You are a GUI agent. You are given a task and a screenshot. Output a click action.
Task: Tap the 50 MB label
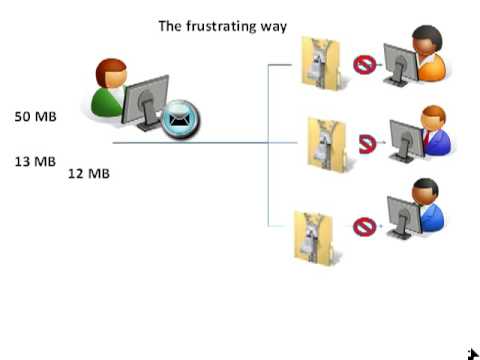coord(35,116)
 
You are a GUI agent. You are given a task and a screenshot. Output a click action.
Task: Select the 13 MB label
coord(35,162)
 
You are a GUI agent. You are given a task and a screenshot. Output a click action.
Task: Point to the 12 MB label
coord(89,173)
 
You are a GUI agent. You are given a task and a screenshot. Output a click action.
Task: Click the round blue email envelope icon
coord(180,119)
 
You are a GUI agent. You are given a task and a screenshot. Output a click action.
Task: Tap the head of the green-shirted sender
coord(111,73)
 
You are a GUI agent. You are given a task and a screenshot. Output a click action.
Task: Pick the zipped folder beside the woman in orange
coord(322,63)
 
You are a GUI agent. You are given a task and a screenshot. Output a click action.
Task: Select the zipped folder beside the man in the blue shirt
coord(313,237)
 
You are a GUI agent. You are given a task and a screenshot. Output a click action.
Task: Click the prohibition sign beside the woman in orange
coord(364,65)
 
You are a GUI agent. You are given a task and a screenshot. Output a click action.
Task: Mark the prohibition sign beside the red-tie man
coord(367,144)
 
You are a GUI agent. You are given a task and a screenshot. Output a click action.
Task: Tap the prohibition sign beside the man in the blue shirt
coord(364,227)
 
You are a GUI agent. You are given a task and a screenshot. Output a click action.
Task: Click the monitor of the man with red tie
coord(407,141)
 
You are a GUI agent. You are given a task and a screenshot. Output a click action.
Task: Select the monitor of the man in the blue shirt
coord(404,217)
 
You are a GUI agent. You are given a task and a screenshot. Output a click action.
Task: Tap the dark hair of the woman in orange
coord(428,35)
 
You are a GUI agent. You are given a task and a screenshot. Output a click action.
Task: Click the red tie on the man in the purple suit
coord(426,138)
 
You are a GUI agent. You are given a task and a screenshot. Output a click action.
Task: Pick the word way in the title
coord(273,27)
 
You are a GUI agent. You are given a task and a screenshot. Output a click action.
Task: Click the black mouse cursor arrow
coord(473,354)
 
